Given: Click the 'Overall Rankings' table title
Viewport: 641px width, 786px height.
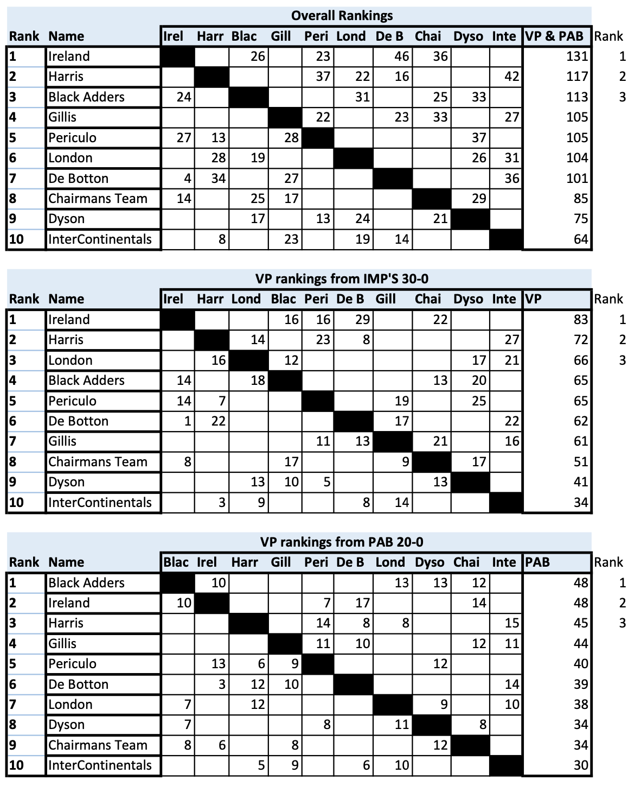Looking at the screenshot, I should [x=342, y=15].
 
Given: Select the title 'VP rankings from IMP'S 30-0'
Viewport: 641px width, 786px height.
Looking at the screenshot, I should [x=342, y=278].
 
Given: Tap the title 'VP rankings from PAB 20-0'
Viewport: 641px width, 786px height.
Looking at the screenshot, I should [x=342, y=542].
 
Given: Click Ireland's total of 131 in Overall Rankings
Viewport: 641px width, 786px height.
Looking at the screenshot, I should [x=577, y=56].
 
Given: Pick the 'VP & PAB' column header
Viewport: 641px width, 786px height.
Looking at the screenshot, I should [x=554, y=36].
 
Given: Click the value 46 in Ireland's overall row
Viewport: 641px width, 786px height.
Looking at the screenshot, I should [x=402, y=56].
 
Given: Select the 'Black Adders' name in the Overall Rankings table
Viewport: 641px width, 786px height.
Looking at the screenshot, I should [x=86, y=97].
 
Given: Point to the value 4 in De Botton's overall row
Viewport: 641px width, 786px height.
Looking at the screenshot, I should [x=187, y=179].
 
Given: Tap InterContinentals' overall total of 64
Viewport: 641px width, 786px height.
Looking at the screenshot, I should [x=580, y=239].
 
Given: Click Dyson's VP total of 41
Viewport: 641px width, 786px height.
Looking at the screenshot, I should [x=580, y=482].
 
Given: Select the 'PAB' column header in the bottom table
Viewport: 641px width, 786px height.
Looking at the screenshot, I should [x=537, y=562].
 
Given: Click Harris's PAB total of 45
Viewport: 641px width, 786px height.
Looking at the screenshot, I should [x=580, y=623].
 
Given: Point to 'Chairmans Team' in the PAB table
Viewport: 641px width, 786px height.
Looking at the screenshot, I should [x=98, y=745].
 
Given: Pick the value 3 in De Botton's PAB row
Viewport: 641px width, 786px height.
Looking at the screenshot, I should [x=221, y=684].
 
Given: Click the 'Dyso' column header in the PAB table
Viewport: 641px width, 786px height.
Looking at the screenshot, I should [x=430, y=562].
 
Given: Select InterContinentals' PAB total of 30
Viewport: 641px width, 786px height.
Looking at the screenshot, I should [x=580, y=765].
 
